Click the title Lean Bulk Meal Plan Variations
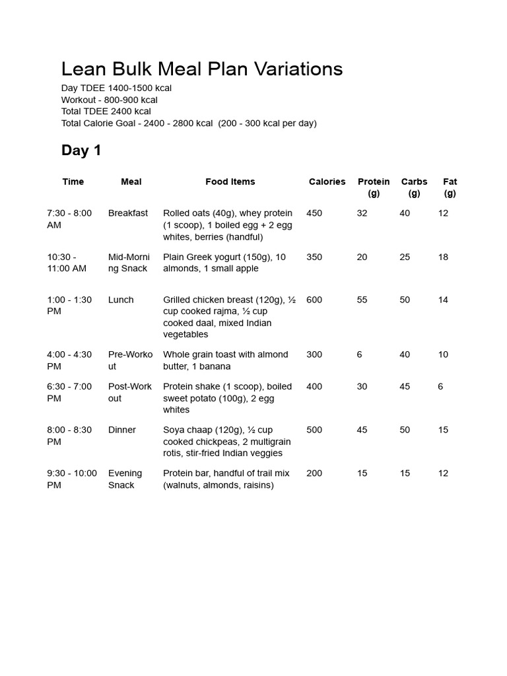point(202,69)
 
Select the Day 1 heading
point(81,151)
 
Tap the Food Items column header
point(230,182)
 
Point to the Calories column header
point(327,182)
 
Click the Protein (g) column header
point(374,187)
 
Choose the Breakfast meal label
point(128,213)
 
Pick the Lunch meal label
point(121,300)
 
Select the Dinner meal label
point(122,430)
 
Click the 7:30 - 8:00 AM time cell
point(69,219)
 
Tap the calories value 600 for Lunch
point(314,300)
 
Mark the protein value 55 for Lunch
point(362,300)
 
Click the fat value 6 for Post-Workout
point(440,386)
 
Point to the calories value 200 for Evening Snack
point(314,473)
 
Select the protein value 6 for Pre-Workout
point(359,355)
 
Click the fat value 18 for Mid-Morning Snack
point(443,257)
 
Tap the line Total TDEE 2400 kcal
point(106,112)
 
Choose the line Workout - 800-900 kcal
point(109,100)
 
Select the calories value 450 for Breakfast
point(314,213)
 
